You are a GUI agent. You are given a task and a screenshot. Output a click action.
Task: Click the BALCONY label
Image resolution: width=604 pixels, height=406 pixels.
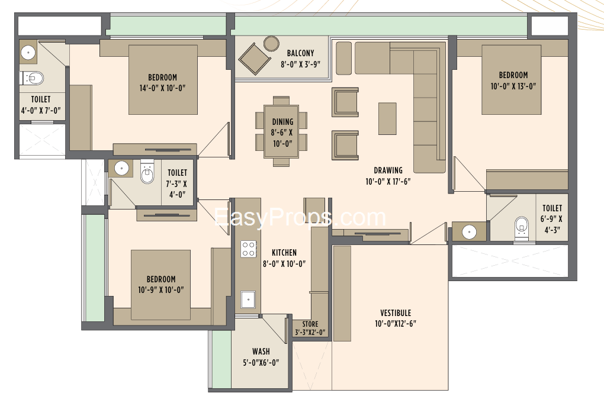tap(300, 53)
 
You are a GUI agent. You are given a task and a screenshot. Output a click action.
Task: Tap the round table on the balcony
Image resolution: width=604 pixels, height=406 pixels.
tap(272, 43)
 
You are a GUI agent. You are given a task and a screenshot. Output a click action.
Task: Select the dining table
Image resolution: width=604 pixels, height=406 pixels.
tap(282, 131)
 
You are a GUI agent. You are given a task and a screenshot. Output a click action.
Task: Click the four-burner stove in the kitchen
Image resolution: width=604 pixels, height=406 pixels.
tap(249, 249)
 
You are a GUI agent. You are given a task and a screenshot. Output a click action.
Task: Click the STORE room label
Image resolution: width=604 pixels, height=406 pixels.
tap(310, 324)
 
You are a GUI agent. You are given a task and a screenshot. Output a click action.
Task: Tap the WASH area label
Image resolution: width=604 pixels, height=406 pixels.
tap(261, 352)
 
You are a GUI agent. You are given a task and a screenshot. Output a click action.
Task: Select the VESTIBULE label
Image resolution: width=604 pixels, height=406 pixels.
tap(396, 313)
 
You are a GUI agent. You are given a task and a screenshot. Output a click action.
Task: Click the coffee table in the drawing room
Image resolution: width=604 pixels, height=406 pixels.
tap(387, 118)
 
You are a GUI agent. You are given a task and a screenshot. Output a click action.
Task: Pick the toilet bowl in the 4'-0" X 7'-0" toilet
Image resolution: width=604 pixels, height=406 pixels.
tap(33, 78)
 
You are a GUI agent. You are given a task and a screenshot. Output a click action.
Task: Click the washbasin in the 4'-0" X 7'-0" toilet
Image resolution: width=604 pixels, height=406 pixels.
tap(28, 53)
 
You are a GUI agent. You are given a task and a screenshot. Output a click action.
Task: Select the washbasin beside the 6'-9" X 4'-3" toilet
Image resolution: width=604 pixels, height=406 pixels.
tap(469, 231)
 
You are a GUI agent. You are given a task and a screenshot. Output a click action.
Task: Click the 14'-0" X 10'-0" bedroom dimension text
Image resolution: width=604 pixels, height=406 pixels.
tap(163, 88)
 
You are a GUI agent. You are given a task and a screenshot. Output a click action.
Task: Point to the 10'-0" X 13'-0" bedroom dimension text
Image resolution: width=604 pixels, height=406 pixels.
tap(513, 86)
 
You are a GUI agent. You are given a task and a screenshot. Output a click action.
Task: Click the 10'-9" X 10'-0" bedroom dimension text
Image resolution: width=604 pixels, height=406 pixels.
tap(161, 290)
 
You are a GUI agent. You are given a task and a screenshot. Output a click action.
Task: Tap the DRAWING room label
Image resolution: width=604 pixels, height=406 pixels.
tap(388, 170)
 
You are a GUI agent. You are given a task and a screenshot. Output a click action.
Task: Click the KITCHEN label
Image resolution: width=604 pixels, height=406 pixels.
tap(284, 253)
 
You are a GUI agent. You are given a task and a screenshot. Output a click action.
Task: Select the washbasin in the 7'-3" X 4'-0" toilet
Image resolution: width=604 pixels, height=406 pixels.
tap(122, 168)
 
